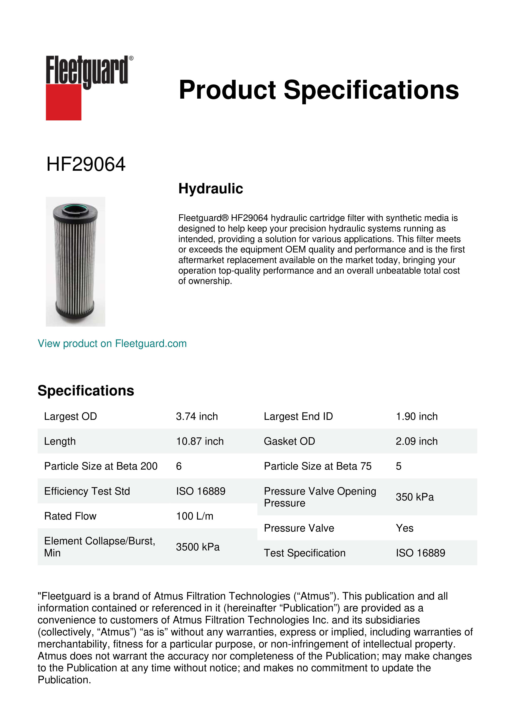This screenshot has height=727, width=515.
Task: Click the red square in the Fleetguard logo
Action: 64,102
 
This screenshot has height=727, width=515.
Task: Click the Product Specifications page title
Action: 318,90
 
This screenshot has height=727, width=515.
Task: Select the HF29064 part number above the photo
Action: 86,164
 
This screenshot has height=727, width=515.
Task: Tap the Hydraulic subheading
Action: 210,189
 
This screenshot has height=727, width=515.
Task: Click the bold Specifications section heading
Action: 86,391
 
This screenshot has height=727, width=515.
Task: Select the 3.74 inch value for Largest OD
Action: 197,416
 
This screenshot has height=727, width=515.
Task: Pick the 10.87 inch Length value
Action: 200,441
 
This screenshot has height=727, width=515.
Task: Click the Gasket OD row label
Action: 289,441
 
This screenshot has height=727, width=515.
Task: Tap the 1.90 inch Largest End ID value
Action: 416,416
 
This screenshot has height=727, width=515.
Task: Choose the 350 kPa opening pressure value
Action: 415,497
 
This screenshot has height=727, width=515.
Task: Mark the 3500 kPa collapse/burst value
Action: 198,547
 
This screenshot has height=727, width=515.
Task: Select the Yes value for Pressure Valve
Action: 404,528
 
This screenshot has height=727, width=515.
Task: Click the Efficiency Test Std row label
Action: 87,491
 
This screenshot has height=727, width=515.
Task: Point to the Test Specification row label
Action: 305,553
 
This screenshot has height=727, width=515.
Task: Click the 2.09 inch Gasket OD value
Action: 416,441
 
